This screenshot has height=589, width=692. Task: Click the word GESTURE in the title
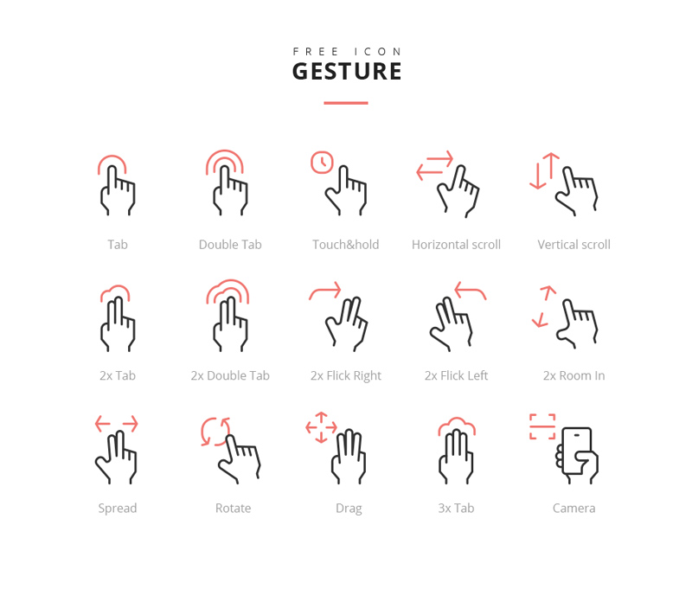pos(347,71)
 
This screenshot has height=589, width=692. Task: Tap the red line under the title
pos(346,103)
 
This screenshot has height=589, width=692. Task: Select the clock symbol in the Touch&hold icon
pos(322,162)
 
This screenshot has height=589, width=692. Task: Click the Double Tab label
pos(230,245)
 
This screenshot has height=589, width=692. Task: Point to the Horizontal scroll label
pos(456,245)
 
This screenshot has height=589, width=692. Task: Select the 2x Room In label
pos(573,375)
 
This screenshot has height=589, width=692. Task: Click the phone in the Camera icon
pos(576,450)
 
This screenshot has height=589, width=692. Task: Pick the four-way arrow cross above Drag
pos(321,427)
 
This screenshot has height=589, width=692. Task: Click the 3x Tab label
pos(456,508)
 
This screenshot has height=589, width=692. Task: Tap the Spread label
pos(118,508)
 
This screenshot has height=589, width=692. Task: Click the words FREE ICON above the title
pos(347,52)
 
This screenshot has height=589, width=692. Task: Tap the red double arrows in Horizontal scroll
pos(434,165)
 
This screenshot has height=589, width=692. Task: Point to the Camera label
pos(573,508)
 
